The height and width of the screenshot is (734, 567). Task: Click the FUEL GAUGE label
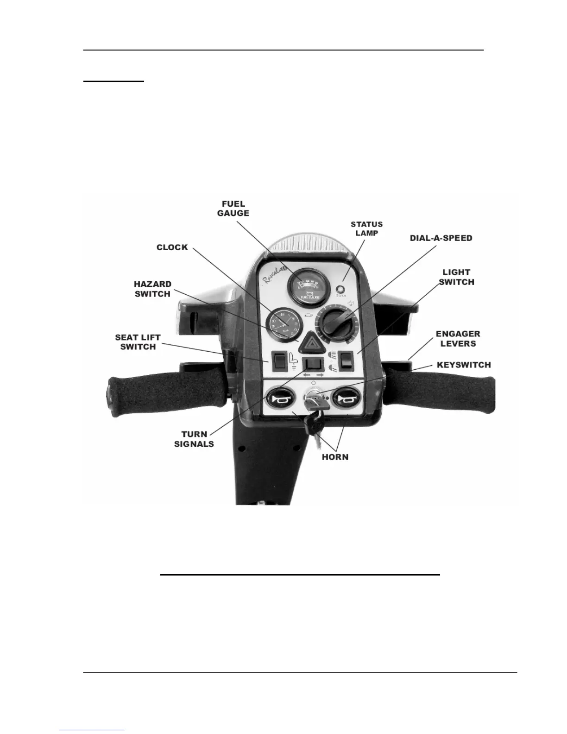point(233,209)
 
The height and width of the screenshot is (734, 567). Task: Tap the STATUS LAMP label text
point(366,228)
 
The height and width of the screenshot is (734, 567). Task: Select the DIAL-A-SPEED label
point(441,238)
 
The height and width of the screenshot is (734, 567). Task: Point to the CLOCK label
point(172,247)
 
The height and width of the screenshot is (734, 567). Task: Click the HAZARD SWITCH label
point(152,289)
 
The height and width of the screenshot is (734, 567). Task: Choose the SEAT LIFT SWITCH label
point(138,342)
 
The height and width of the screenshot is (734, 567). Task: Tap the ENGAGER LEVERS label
point(458,339)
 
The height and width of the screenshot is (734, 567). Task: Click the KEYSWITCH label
point(464,365)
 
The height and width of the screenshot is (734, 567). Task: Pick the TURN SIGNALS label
point(194,439)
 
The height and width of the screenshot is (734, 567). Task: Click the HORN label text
point(335,457)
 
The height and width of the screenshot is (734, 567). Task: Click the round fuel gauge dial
point(305,286)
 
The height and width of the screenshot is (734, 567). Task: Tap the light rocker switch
point(346,361)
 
